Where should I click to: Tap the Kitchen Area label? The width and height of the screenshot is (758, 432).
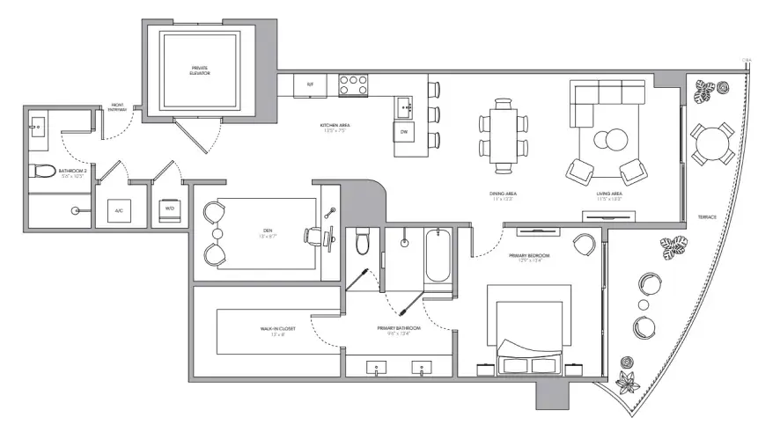(x=337, y=128)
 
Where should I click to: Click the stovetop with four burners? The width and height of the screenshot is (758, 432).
(x=352, y=84)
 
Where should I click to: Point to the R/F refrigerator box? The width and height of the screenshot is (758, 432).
(x=310, y=84)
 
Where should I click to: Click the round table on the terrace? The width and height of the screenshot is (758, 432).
(x=710, y=143)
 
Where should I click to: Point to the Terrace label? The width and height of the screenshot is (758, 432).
(x=707, y=216)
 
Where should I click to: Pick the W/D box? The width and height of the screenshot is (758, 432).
(x=168, y=210)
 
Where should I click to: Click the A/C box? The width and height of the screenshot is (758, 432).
(x=119, y=210)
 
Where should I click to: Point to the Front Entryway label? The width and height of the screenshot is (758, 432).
(x=117, y=109)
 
